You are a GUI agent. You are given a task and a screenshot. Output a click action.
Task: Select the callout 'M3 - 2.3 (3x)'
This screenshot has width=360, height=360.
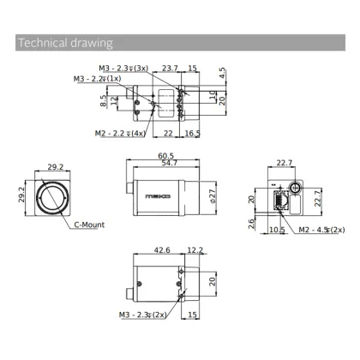(x=123, y=68)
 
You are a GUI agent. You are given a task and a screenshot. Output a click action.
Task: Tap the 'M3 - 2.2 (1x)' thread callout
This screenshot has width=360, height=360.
(x=97, y=79)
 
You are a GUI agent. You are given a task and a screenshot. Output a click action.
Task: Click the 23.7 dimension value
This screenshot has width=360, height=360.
(x=169, y=68)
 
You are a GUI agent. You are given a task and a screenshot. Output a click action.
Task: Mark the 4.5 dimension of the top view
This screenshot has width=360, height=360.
(x=223, y=72)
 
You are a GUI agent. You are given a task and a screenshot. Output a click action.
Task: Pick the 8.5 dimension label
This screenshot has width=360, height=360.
(x=104, y=99)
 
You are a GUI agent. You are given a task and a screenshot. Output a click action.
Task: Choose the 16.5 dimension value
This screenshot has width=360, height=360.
(x=192, y=133)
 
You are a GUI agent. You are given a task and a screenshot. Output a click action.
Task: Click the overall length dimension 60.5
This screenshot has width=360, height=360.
(x=166, y=155)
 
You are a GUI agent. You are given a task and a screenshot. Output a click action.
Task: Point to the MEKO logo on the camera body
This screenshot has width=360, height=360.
(x=159, y=195)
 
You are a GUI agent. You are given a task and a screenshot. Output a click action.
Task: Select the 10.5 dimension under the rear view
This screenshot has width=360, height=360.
(x=276, y=230)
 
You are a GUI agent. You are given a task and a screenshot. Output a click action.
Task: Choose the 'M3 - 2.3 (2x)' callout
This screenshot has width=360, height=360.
(x=143, y=315)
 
